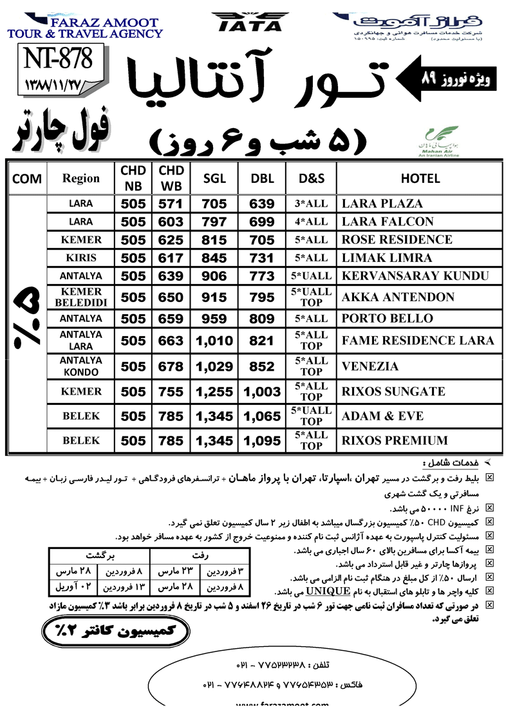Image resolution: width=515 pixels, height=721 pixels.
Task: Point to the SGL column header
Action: (x=214, y=178)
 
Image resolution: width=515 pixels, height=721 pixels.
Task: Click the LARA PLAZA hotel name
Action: (x=382, y=204)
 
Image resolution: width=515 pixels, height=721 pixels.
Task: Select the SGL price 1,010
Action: (x=214, y=341)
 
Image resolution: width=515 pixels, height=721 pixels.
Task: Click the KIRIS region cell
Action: (x=80, y=257)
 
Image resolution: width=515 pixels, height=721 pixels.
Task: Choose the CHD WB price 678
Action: (x=171, y=366)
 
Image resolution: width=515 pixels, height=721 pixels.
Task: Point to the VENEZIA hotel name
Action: (x=370, y=366)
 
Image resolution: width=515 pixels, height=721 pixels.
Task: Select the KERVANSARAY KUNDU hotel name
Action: (x=415, y=276)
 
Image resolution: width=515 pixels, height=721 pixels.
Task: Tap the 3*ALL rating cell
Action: (x=312, y=204)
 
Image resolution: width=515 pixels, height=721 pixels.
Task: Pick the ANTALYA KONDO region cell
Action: (x=80, y=366)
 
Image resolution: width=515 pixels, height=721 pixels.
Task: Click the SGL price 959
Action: (x=214, y=318)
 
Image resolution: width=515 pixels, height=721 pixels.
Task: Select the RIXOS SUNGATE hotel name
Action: (x=393, y=391)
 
